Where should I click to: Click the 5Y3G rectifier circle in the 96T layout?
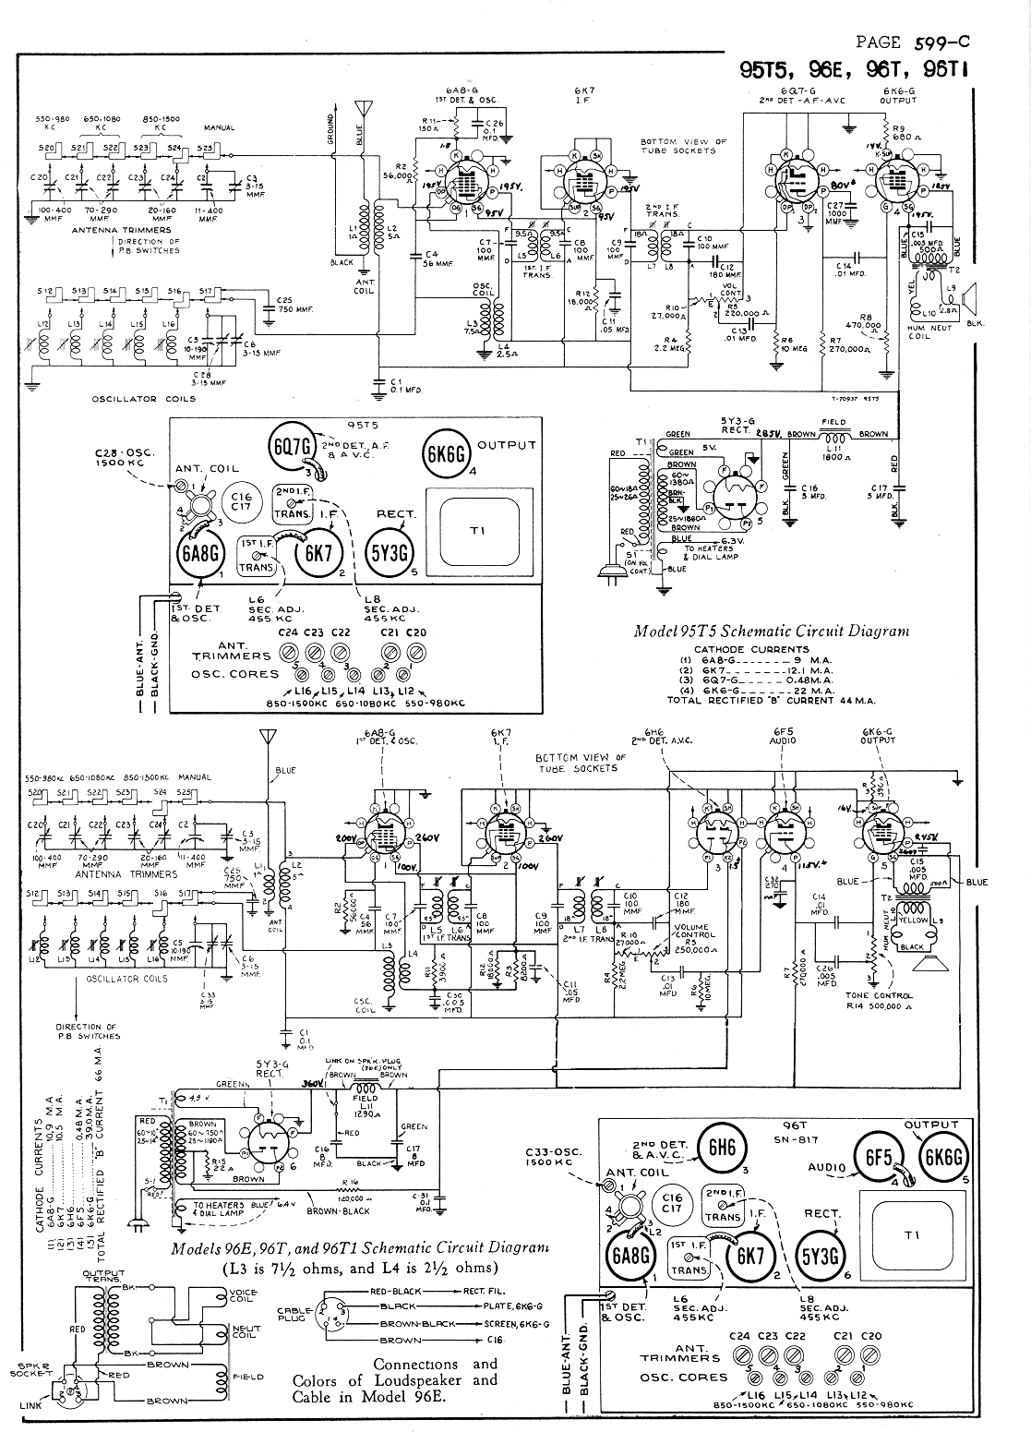[821, 1254]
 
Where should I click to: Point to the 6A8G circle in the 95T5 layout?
[197, 557]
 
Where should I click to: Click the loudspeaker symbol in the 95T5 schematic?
[968, 297]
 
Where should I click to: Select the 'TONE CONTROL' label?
[879, 995]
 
